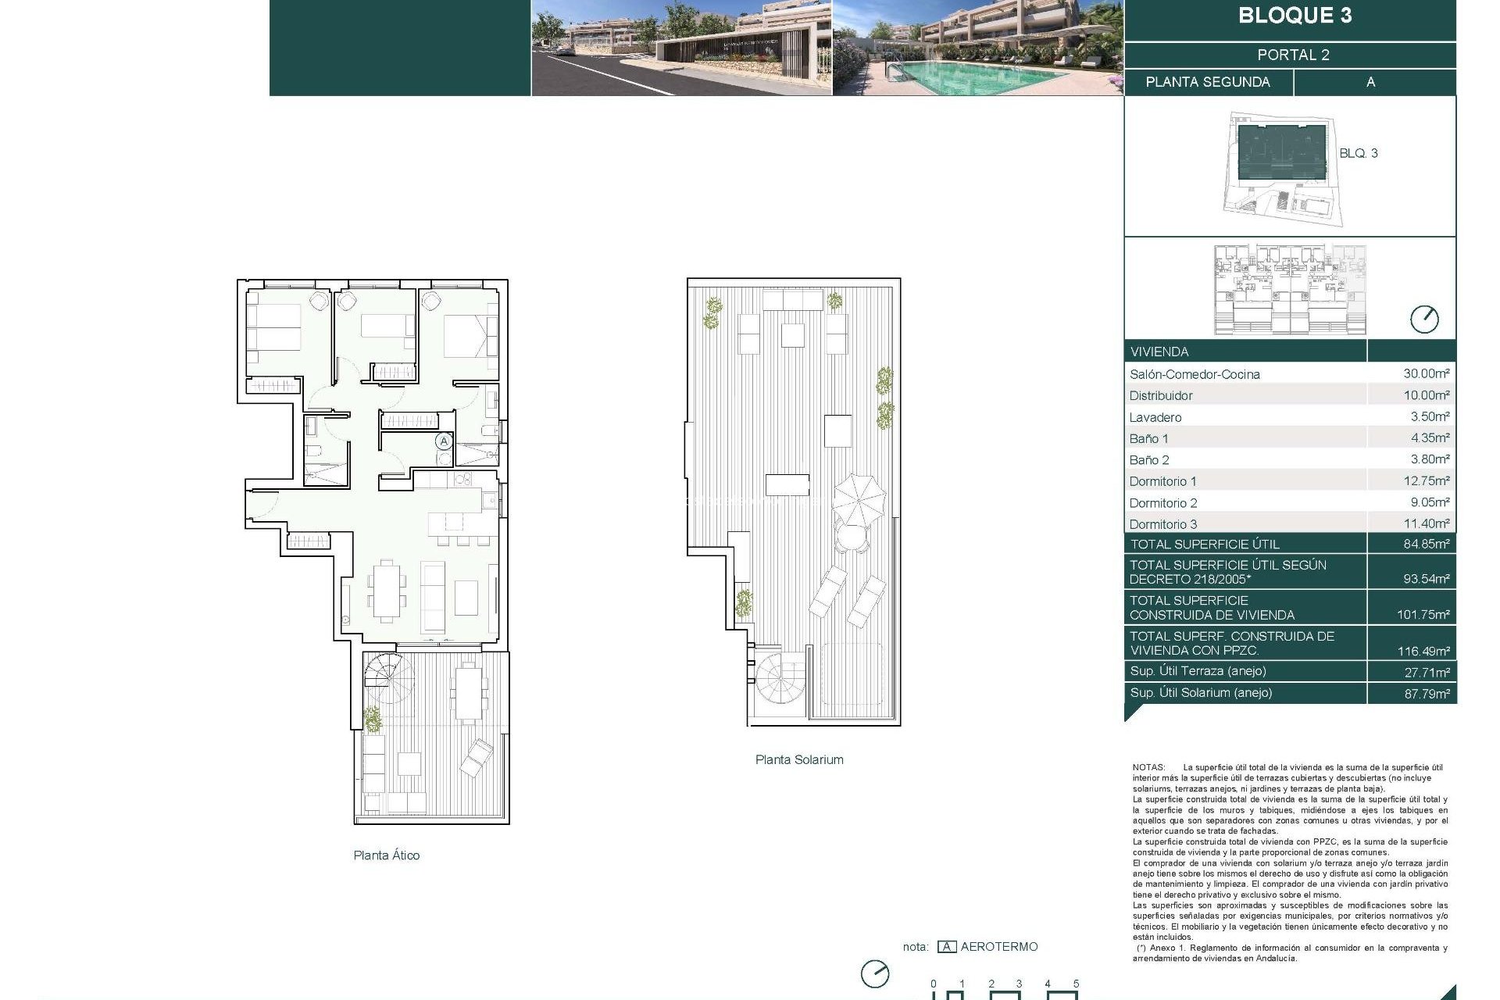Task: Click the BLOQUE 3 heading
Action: pos(1295,16)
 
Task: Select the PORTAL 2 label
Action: pos(1293,55)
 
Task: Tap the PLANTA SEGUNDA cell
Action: pos(1208,82)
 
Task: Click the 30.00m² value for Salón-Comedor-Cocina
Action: pos(1426,373)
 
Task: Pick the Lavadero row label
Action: pos(1155,417)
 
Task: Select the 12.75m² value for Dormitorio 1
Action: pos(1426,481)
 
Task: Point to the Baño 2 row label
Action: pos(1149,460)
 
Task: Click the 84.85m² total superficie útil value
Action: pos(1426,544)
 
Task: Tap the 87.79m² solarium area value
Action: pos(1426,693)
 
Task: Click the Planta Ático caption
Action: pos(386,855)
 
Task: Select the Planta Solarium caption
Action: pos(799,759)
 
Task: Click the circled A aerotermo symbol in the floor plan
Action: pos(444,441)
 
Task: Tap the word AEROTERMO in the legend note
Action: pos(999,947)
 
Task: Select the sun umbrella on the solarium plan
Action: pos(859,500)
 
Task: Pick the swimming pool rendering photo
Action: pos(977,48)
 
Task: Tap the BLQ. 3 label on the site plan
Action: pos(1358,153)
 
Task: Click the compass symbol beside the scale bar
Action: pos(875,973)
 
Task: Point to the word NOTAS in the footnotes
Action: pos(1148,768)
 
